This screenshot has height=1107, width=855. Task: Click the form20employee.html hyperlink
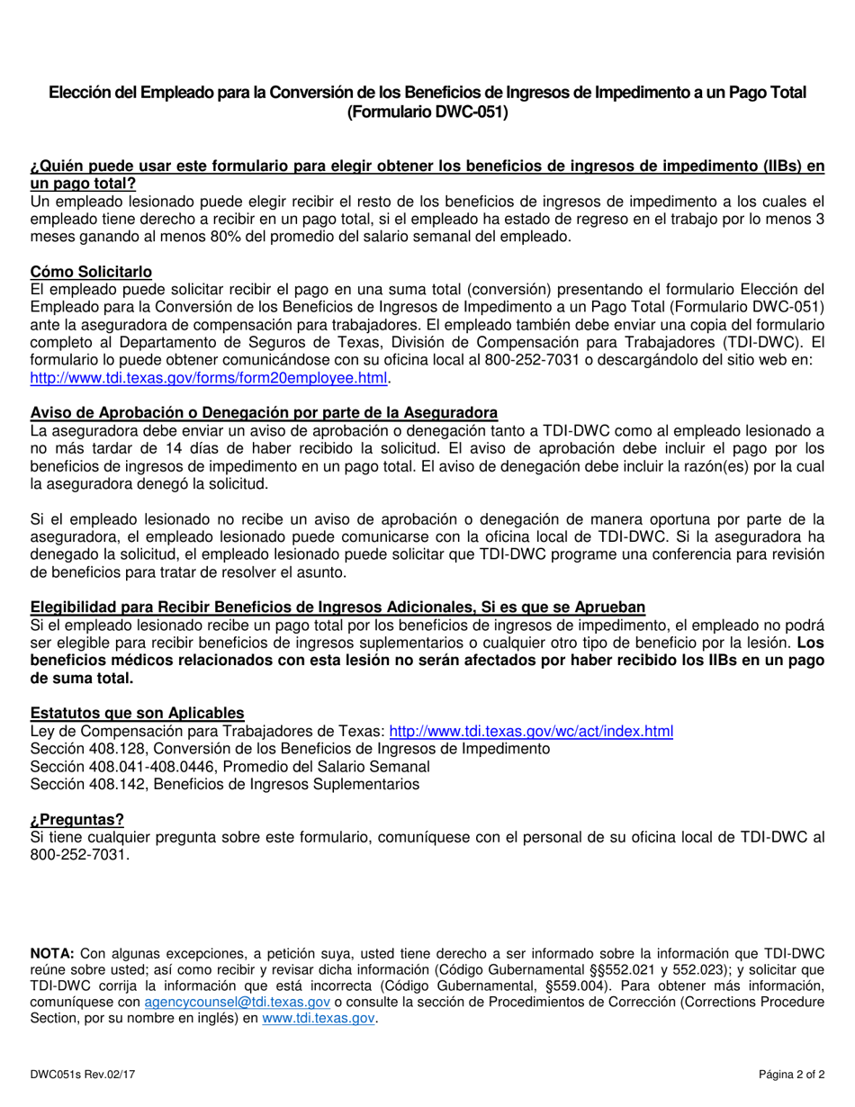(208, 378)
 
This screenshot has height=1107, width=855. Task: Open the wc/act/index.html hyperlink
(530, 732)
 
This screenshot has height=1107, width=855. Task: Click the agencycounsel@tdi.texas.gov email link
(237, 1002)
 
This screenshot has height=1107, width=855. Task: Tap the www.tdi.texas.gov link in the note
(318, 1019)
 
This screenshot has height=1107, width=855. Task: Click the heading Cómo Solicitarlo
(91, 272)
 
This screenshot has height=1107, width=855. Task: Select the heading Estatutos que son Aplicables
(137, 713)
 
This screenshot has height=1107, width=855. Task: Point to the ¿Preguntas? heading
(76, 819)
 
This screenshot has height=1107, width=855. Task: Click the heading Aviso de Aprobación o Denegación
(264, 412)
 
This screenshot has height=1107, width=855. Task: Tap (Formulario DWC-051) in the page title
(427, 112)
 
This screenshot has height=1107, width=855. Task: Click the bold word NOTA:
(53, 952)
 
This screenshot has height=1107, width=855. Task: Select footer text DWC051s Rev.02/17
(83, 1075)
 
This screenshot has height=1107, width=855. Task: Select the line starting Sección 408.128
(290, 749)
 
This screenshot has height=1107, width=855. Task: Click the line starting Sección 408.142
(224, 784)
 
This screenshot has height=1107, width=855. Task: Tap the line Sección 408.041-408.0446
(229, 767)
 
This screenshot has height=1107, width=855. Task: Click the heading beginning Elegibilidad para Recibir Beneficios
(337, 607)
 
